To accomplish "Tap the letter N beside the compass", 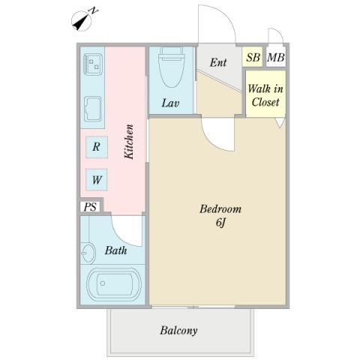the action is coord(94,10).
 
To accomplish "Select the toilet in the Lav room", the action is coord(172,67).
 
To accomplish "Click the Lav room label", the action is coord(170,103).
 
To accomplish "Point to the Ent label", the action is coord(218,62).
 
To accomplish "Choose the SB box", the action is coord(253,57).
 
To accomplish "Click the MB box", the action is coord(276,57).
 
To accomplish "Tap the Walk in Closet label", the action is coord(265,95).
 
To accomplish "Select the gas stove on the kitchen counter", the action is coord(93,64).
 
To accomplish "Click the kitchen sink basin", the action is coord(93,109).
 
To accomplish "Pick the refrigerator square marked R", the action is coord(97,147).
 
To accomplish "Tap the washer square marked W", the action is coord(97,180).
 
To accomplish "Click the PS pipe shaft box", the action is coord(90,207).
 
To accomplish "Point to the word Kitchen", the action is coord(129,142).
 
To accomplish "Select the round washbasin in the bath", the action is coord(88,253).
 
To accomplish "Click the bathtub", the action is coord(114,284).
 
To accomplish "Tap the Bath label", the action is coord(115,250).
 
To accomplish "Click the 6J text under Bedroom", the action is coord(220,222).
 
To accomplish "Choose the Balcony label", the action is coord(178,331).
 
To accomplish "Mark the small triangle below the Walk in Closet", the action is coord(280,122).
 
